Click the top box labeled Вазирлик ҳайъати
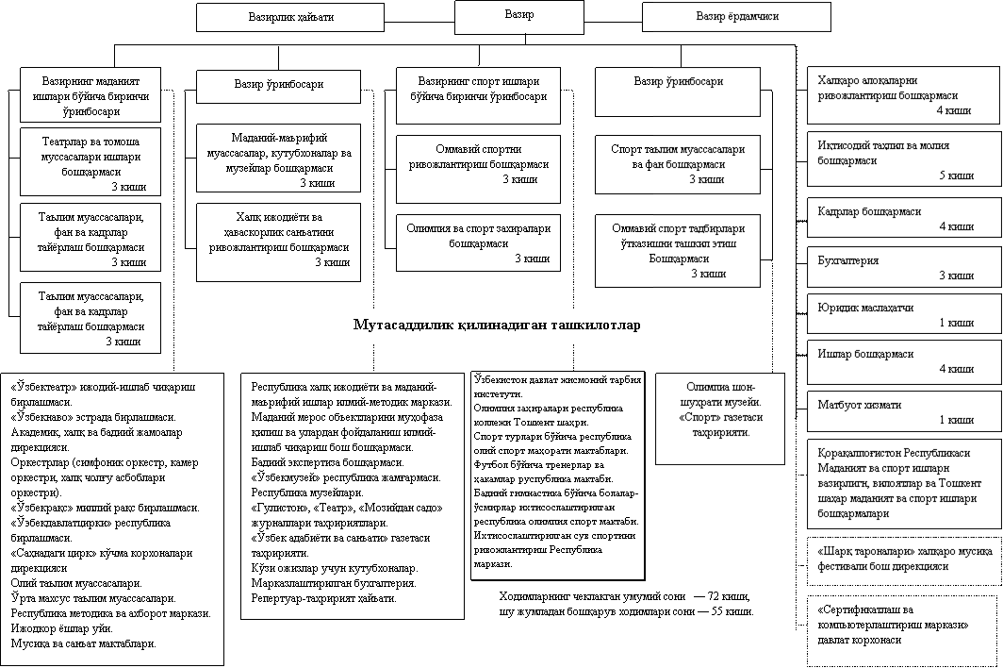coord(290,17)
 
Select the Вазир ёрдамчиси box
coord(736,17)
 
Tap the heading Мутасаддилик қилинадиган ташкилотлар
coord(497,326)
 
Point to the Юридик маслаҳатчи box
coord(904,315)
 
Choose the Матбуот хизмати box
coord(904,411)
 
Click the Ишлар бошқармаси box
coord(904,361)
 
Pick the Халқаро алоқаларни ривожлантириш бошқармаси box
coord(904,95)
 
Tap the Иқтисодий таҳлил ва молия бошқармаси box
coord(904,159)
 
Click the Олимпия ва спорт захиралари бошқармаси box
coord(478,242)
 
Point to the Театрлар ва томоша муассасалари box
coord(90,159)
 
